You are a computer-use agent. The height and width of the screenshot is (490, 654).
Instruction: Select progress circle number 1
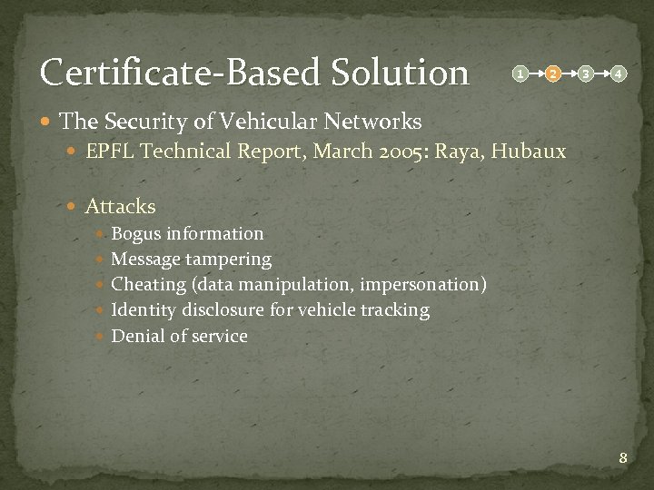tap(519, 73)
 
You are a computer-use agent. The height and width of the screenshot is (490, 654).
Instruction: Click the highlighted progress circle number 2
tap(552, 73)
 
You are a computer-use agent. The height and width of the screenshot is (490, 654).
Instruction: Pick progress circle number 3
tap(586, 73)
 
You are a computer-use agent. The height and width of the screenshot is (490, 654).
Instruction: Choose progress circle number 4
tap(618, 73)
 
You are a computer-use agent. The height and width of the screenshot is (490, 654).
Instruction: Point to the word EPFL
tap(109, 152)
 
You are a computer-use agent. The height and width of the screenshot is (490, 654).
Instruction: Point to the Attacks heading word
tap(121, 207)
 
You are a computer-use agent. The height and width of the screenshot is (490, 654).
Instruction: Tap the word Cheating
tap(148, 285)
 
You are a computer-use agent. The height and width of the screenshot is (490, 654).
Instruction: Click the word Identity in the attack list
tap(144, 310)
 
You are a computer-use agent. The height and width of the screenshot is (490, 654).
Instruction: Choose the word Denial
tap(138, 336)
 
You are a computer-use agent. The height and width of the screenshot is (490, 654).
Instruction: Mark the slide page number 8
tap(623, 458)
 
